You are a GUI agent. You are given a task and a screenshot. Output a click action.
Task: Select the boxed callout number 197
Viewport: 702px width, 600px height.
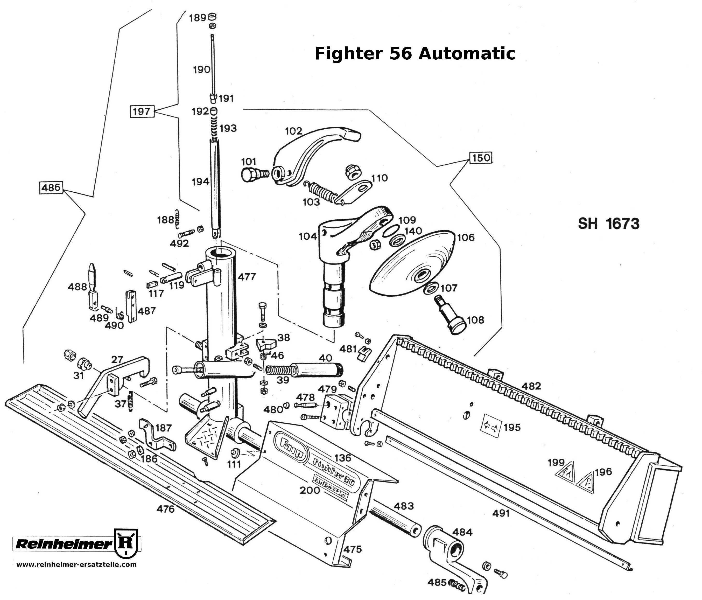click(142, 111)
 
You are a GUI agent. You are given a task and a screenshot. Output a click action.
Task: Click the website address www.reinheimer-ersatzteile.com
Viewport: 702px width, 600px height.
click(76, 564)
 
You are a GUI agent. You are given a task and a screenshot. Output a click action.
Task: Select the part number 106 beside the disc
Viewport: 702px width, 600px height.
click(466, 238)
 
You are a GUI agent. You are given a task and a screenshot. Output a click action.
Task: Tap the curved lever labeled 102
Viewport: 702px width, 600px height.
click(315, 152)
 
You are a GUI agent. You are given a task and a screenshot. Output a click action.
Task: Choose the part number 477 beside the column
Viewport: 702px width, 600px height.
click(246, 277)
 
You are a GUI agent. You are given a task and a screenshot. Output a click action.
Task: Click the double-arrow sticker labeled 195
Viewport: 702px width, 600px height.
click(491, 428)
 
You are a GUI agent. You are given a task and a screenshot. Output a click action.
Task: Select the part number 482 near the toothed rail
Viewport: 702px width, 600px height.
click(531, 386)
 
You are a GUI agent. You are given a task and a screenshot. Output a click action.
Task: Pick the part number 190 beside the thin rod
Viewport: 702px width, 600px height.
click(202, 70)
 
